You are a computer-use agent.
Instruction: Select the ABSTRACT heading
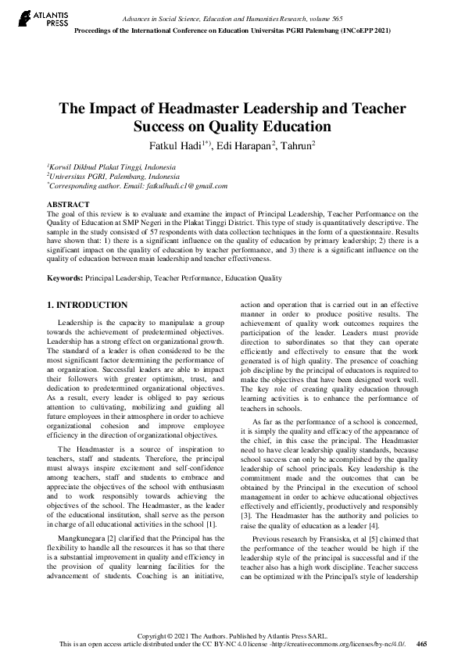tap(68, 204)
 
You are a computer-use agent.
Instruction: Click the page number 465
tap(422, 645)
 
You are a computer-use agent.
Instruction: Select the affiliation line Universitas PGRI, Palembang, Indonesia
tap(104, 177)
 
